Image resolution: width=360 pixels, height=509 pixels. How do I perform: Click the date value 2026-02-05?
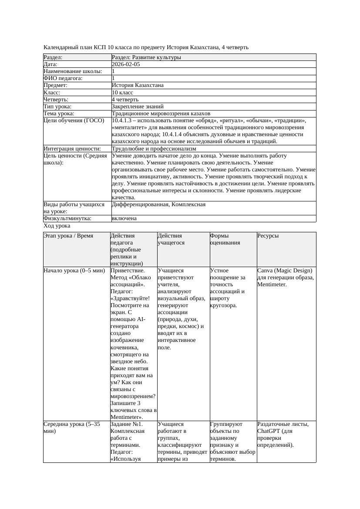pyautogui.click(x=126, y=64)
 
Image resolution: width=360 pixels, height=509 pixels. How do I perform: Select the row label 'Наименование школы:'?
pyautogui.click(x=73, y=71)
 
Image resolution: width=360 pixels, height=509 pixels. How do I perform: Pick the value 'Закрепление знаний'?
pyautogui.click(x=138, y=106)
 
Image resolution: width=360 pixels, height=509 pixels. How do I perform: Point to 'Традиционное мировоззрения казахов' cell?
pyautogui.click(x=161, y=114)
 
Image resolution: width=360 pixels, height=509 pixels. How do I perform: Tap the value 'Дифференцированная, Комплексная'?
pyautogui.click(x=158, y=204)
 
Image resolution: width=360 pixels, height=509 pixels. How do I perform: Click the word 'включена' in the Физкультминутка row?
pyautogui.click(x=124, y=218)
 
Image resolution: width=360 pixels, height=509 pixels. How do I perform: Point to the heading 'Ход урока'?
pyautogui.click(x=57, y=226)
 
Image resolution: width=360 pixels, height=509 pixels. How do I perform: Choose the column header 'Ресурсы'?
pyautogui.click(x=268, y=236)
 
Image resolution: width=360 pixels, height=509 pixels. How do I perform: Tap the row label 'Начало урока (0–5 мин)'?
pyautogui.click(x=74, y=271)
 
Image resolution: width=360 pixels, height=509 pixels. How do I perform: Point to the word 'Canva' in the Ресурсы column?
pyautogui.click(x=266, y=271)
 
